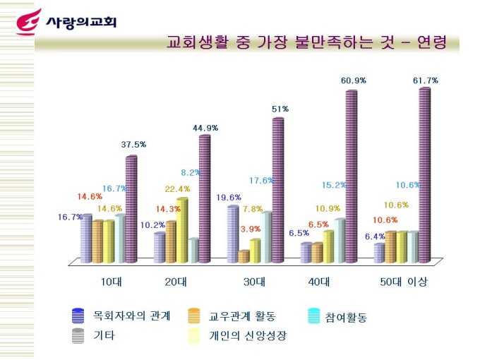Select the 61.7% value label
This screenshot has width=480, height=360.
[425, 80]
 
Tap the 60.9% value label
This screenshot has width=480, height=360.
[353, 80]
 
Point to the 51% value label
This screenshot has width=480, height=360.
[280, 109]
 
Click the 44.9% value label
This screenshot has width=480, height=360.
[205, 128]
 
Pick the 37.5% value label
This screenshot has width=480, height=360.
[133, 145]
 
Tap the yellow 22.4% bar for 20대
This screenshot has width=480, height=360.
[182, 229]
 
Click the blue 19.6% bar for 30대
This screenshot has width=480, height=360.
[232, 233]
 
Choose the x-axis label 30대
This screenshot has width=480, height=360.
[254, 282]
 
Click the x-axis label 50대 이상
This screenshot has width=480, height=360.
[404, 282]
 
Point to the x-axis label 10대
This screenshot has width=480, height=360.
[112, 282]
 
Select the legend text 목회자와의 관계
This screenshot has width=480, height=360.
[132, 316]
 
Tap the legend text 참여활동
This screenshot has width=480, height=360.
[347, 318]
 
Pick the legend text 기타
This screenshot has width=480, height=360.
[104, 335]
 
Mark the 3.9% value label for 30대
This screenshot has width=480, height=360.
[251, 229]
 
